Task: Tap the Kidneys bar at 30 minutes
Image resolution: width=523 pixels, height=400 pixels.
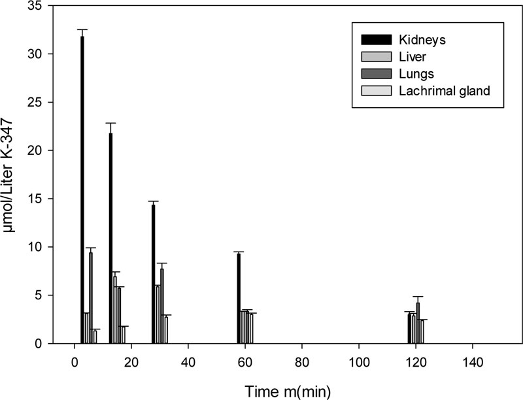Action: [x=154, y=275]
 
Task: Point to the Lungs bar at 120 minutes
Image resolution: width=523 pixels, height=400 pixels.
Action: [x=418, y=323]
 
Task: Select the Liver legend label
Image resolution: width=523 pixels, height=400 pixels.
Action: [x=413, y=56]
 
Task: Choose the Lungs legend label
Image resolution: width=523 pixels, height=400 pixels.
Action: [x=416, y=73]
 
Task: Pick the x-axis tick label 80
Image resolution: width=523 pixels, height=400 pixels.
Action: [x=302, y=361]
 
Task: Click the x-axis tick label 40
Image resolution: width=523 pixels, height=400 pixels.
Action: [x=188, y=361]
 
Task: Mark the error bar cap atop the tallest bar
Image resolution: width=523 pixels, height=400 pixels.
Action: [x=82, y=29]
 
